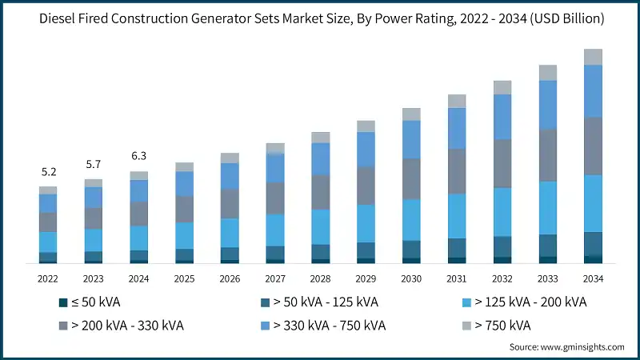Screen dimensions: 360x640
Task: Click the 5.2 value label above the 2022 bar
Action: coord(48,172)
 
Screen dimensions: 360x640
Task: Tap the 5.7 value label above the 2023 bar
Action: coord(94,164)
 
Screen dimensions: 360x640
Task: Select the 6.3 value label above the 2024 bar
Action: coord(139,155)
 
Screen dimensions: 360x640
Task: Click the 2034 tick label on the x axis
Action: coord(593,278)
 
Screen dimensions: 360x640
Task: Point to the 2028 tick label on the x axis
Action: coord(320,278)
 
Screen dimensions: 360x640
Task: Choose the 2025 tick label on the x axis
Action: coord(184,278)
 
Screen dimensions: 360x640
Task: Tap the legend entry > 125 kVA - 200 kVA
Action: coord(530,302)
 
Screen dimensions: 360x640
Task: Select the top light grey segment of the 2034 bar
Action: coord(593,56)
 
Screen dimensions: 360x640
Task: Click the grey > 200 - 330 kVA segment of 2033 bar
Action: coord(547,155)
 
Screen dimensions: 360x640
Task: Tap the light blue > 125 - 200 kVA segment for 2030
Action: coord(411,219)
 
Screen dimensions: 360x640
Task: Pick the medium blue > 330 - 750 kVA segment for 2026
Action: coord(230,176)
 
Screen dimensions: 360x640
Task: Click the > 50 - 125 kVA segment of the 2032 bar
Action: coord(502,246)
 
